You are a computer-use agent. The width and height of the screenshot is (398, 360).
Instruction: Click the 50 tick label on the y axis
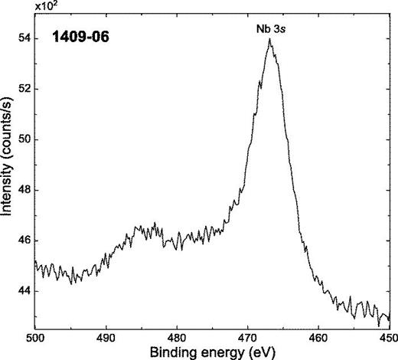[x=24, y=139]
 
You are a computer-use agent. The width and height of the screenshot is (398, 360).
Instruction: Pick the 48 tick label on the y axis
[x=24, y=190]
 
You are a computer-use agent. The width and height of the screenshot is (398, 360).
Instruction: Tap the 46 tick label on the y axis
[x=24, y=241]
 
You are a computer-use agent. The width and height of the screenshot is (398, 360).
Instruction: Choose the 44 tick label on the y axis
[x=24, y=291]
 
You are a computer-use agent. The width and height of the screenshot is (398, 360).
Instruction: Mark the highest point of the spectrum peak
[x=270, y=39]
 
